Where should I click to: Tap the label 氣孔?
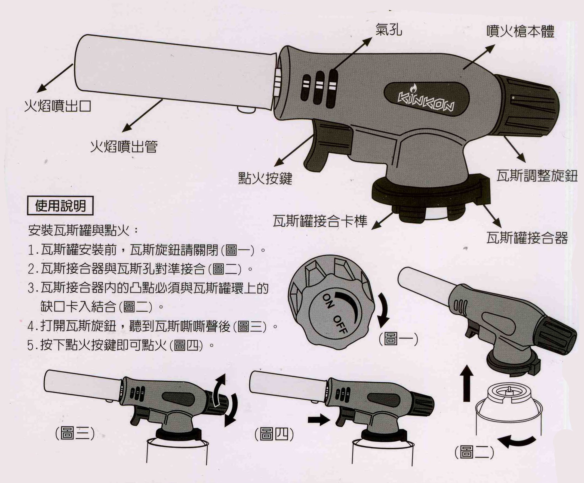click(x=389, y=30)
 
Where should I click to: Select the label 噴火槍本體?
click(x=520, y=32)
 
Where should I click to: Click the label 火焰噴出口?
click(x=58, y=106)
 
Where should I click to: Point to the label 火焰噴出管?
click(x=124, y=147)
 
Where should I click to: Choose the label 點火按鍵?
click(x=265, y=178)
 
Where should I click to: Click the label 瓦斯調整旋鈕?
click(x=537, y=176)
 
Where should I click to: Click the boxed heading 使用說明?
click(x=60, y=206)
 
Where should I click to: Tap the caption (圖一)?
click(x=398, y=340)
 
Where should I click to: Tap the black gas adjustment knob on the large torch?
click(x=528, y=107)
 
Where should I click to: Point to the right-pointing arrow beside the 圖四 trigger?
click(x=318, y=420)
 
